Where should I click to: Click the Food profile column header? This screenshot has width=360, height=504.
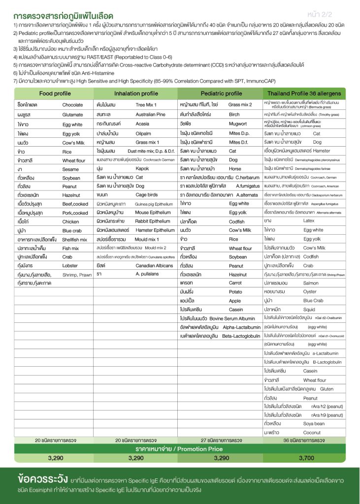(x=55, y=94)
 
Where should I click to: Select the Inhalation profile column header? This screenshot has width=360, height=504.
(x=136, y=94)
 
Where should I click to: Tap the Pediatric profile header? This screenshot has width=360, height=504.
(x=221, y=94)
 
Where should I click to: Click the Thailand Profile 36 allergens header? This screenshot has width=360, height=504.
(x=304, y=94)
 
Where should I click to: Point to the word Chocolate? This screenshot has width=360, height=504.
(x=72, y=105)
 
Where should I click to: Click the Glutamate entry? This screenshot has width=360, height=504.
(x=73, y=115)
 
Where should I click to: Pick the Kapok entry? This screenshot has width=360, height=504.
(x=142, y=182)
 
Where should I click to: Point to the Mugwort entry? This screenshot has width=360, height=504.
(x=237, y=124)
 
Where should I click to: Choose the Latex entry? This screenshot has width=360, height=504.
(x=309, y=221)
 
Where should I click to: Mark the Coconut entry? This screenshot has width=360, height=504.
(x=312, y=433)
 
